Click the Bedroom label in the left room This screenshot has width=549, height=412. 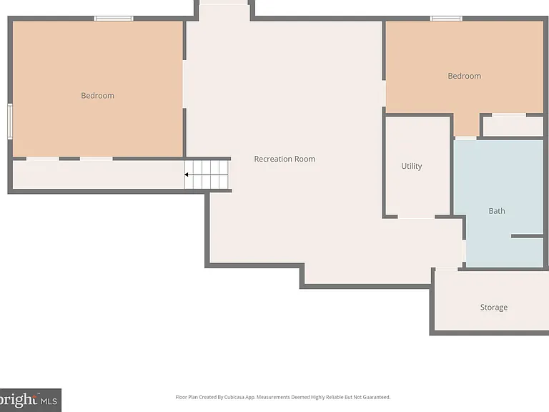(x=97, y=96)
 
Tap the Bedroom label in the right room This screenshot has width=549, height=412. (x=464, y=76)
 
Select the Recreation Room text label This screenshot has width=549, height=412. (x=285, y=159)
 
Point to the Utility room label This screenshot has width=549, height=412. (x=412, y=166)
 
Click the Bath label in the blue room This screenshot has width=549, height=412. (x=497, y=211)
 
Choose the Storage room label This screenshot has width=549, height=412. (x=494, y=308)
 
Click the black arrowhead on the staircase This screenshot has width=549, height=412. (x=187, y=175)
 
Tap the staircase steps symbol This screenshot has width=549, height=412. (x=206, y=175)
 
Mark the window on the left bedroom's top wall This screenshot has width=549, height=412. (x=114, y=19)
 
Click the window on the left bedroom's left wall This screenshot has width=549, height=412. (x=10, y=121)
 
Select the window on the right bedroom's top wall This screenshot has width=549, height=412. (x=446, y=19)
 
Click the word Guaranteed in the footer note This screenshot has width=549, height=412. (x=377, y=397)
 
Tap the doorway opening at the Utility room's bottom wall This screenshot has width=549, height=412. (x=416, y=217)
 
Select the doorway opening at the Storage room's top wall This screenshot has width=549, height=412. (x=446, y=269)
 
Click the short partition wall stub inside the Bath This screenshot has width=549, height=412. (x=527, y=236)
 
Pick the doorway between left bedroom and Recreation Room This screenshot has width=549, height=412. (x=184, y=84)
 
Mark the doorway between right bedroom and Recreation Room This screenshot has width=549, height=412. (x=384, y=94)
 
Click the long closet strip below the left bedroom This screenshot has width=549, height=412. (x=99, y=175)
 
